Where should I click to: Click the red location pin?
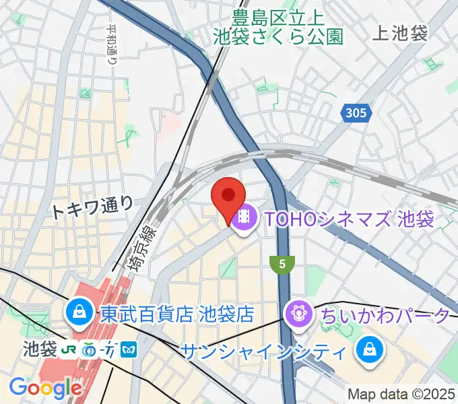[228, 197]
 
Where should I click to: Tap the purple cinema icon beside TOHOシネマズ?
[244, 217]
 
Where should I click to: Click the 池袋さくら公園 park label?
[278, 35]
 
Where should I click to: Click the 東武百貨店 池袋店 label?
[177, 313]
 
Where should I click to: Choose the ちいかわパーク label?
[385, 314]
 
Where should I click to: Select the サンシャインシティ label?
[265, 351]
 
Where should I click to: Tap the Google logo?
[45, 388]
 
